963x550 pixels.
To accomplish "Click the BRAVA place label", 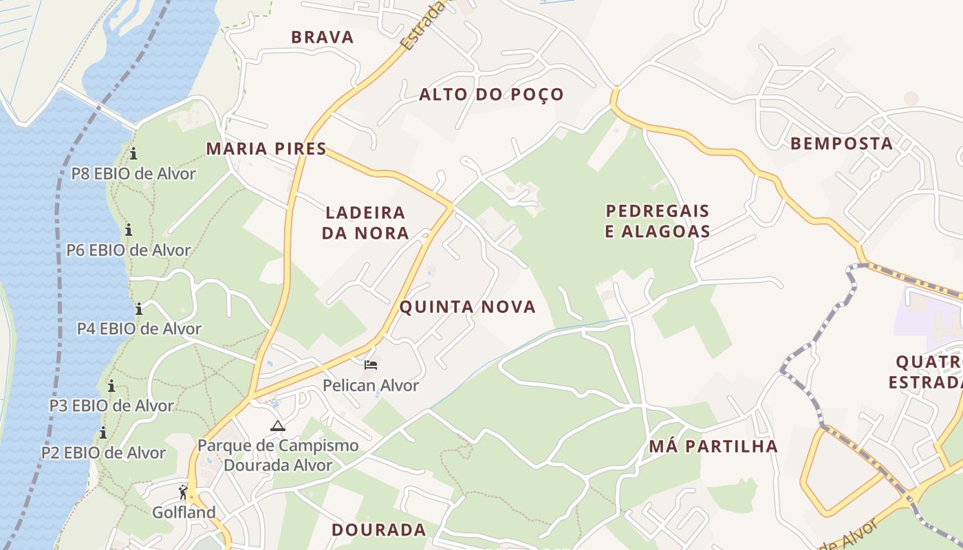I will tap(322, 37).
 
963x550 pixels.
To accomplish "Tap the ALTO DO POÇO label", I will tap(491, 94).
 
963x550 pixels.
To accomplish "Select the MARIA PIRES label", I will tap(266, 148).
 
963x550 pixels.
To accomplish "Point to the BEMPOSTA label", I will tap(841, 144).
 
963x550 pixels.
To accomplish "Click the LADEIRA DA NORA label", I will tap(365, 223).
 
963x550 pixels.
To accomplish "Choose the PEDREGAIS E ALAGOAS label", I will tap(657, 221).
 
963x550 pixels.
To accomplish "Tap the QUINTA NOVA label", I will tap(467, 307).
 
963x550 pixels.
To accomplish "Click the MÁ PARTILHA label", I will tap(713, 446).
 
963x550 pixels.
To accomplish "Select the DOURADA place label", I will tap(378, 530).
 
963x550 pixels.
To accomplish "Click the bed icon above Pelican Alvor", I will tap(371, 364).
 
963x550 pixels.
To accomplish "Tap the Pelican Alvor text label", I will tap(371, 386).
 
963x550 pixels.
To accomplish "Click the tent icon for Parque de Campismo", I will tap(277, 426).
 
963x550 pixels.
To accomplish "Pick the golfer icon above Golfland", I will tap(183, 492).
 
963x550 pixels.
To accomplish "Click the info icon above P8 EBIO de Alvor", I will tap(133, 153).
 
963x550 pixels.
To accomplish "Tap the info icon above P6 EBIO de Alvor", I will tap(128, 230).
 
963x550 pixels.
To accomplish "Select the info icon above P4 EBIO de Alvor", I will tap(139, 309).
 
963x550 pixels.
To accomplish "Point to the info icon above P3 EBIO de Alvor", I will tap(111, 386).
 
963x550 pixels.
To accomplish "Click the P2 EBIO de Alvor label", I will tap(103, 453).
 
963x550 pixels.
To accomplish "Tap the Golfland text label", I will tap(184, 513).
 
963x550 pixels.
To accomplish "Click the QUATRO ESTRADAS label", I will tap(926, 372).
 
